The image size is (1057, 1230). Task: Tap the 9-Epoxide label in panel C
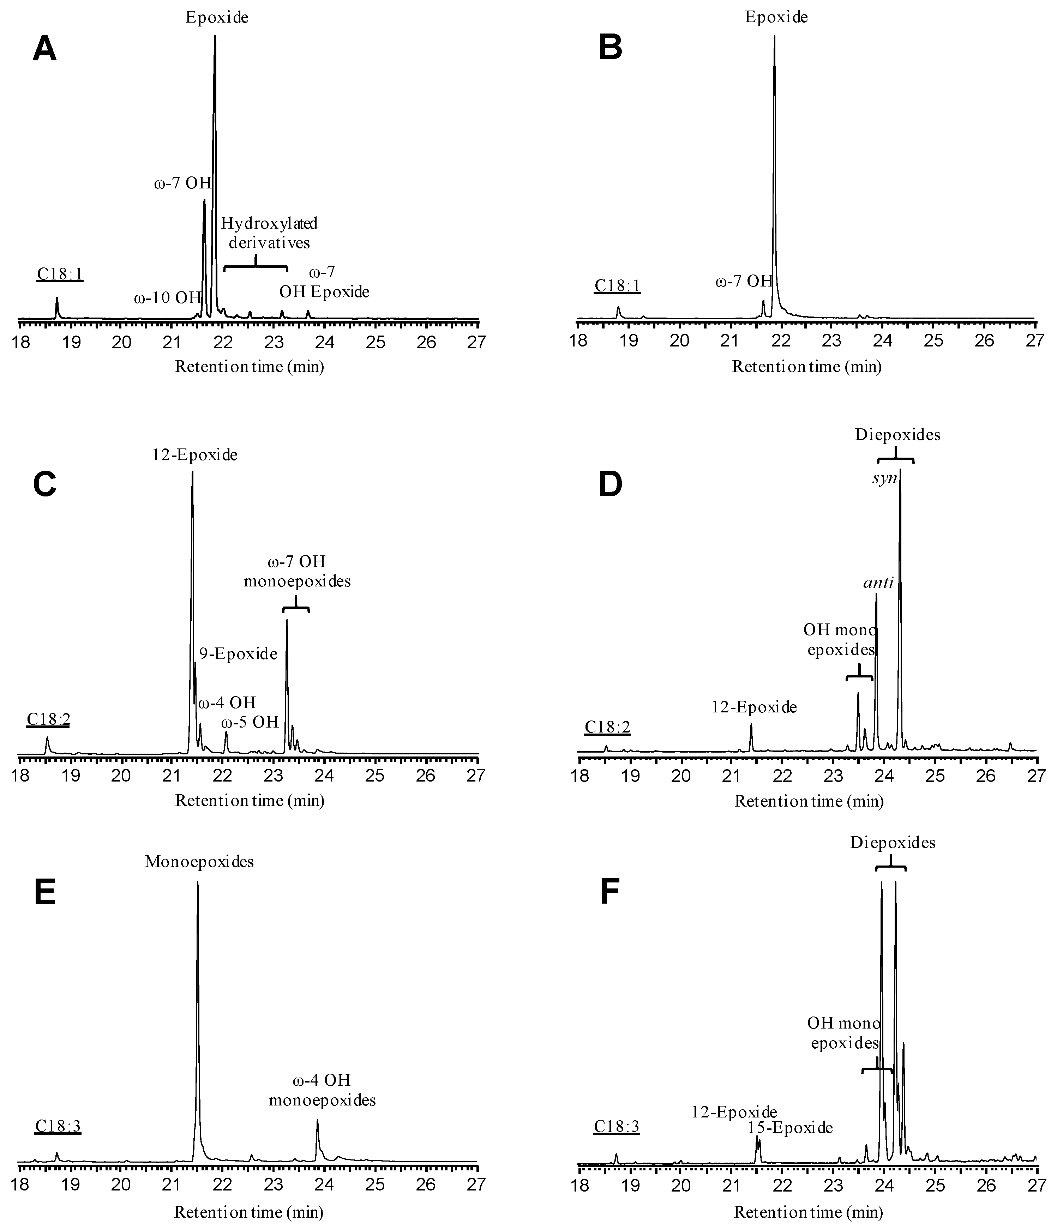pyautogui.click(x=238, y=654)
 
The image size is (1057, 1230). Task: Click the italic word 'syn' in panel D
pyautogui.click(x=884, y=478)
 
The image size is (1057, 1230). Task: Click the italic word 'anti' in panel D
pyautogui.click(x=878, y=583)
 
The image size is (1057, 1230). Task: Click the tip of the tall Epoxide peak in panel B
pyautogui.click(x=774, y=37)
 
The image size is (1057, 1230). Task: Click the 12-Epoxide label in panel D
pyautogui.click(x=754, y=707)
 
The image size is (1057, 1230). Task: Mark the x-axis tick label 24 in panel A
pyautogui.click(x=325, y=343)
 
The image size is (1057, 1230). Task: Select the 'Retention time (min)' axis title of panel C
pyautogui.click(x=250, y=801)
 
